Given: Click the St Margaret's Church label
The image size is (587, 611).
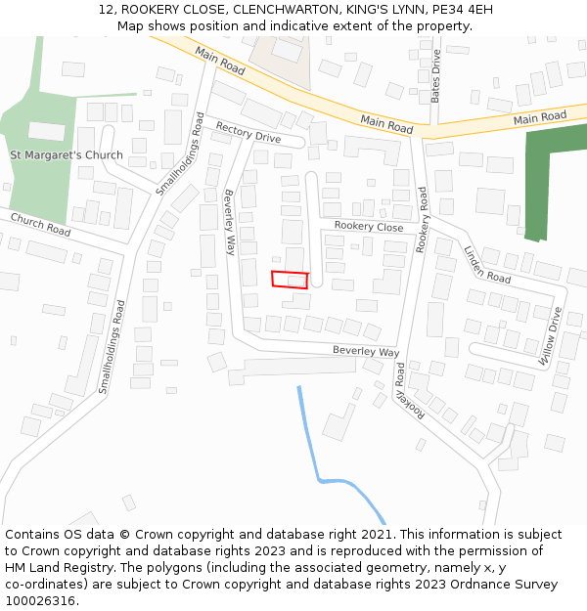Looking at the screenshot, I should [x=67, y=155].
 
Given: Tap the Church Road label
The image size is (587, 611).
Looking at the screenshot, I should [x=41, y=224].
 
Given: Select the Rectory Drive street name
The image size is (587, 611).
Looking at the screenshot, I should [x=248, y=132].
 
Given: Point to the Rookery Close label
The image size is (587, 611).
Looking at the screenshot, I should [x=368, y=227].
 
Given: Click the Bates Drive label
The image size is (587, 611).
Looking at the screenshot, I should [x=436, y=76].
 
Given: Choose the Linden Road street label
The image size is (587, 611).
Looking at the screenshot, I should [x=486, y=265].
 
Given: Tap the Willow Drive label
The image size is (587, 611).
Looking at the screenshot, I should [x=550, y=336].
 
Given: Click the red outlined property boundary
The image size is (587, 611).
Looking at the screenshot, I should [x=290, y=280].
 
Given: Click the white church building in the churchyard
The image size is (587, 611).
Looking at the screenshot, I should [x=46, y=131].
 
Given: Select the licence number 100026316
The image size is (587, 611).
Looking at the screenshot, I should [x=39, y=601].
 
